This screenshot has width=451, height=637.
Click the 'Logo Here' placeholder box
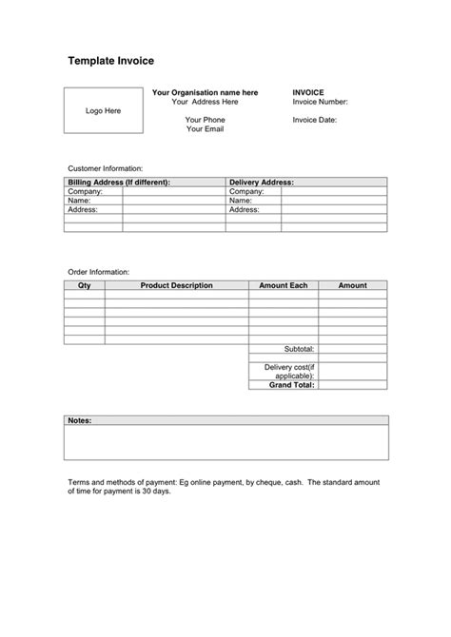103,111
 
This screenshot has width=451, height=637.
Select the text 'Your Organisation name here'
205,92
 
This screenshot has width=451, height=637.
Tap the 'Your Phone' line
205,120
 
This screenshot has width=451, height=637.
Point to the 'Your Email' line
205,129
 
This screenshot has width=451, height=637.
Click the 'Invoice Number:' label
320,102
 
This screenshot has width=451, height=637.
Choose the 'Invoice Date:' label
314,120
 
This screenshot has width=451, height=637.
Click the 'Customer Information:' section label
105,167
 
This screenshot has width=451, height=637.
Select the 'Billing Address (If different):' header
119,182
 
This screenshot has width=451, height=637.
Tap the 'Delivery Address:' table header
262,182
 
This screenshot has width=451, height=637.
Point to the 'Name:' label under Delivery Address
241,201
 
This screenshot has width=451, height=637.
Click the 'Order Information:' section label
98,272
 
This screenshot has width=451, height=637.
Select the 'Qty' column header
84,285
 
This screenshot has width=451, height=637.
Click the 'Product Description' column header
176,285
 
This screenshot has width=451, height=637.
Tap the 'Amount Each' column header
284,285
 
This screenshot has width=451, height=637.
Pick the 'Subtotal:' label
299,349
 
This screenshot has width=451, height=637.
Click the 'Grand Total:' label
291,385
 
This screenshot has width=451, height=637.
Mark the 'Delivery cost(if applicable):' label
289,372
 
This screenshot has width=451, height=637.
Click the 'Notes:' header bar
226,419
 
